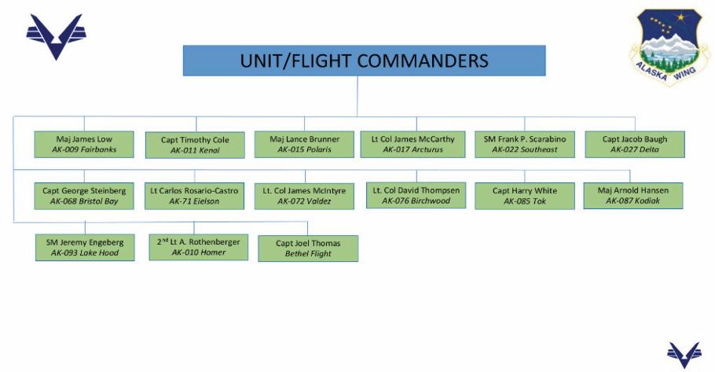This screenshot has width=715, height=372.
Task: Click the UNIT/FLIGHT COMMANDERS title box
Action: [364, 61]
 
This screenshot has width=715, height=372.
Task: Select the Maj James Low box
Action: [84, 144]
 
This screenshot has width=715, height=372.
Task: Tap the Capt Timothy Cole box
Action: [195, 145]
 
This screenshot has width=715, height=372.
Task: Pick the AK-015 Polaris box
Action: [304, 144]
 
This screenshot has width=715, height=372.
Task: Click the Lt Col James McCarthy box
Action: [412, 144]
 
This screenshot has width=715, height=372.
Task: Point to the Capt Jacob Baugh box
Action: [634, 144]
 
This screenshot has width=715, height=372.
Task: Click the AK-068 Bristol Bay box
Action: [84, 196]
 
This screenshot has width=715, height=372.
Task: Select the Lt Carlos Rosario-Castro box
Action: [195, 196]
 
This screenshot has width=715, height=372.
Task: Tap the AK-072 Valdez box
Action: [304, 196]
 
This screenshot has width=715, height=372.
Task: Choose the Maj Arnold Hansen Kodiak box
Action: [632, 195]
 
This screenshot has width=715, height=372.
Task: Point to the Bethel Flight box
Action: [308, 249]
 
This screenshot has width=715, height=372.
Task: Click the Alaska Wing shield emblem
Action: [669, 46]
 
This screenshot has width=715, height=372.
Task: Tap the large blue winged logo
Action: [55, 36]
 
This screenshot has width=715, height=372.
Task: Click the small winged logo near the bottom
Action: [683, 355]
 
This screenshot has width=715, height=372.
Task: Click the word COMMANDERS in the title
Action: [421, 61]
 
